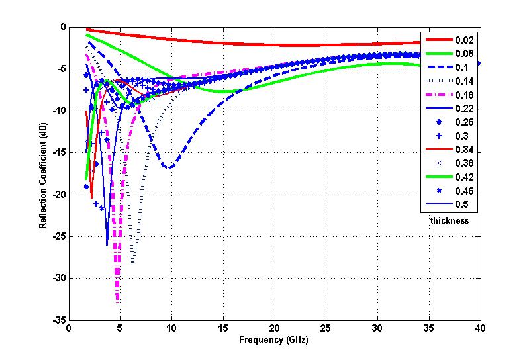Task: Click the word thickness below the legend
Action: (x=450, y=220)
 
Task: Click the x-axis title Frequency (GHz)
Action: (x=275, y=341)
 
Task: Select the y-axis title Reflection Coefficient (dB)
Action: (x=42, y=173)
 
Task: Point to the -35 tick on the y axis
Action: (x=58, y=320)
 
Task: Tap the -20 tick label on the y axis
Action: (x=58, y=195)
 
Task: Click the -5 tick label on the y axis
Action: (x=61, y=69)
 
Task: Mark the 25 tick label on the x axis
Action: (x=326, y=329)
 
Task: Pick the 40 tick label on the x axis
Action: (x=480, y=329)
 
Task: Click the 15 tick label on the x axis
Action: (x=223, y=329)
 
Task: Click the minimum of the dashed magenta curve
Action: (x=119, y=301)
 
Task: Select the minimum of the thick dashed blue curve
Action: (x=170, y=168)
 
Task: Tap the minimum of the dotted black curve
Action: (x=133, y=262)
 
